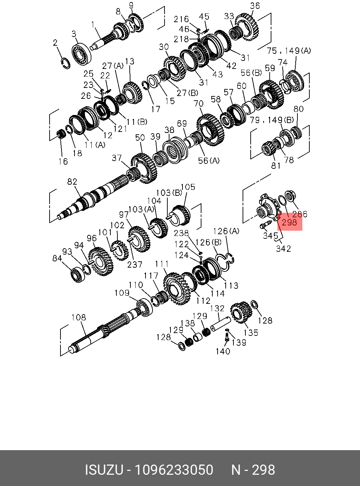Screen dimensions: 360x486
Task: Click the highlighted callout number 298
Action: pos(289,222)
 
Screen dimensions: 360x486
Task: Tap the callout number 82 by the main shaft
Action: pos(72,182)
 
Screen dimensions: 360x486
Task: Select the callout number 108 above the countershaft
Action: pos(78,318)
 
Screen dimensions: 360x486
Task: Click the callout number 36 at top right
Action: pos(255,6)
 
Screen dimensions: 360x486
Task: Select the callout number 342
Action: pos(283,248)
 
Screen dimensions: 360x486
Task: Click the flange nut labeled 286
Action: pos(290,196)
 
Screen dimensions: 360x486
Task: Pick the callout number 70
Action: pos(199,104)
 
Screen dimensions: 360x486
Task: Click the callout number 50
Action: pos(140,137)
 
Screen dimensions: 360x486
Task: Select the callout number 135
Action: pos(251,332)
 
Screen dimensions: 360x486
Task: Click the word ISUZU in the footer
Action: pos(104,470)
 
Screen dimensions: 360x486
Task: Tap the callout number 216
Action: pos(181,19)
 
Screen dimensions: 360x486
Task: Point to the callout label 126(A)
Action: pos(226,231)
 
